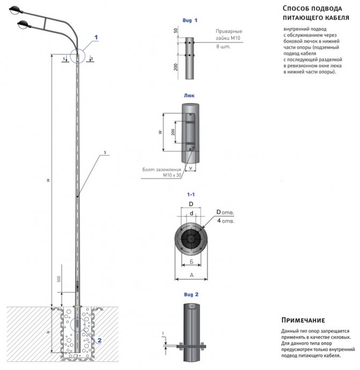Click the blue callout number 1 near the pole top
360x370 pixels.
point(97,37)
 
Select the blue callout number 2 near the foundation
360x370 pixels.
point(99,339)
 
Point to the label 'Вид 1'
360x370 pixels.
point(190,20)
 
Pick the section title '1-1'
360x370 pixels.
point(190,194)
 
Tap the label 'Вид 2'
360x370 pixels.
point(190,295)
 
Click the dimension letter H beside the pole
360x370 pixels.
point(48,181)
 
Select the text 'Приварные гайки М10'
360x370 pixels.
point(229,35)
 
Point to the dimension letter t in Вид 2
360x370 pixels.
point(163,334)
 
